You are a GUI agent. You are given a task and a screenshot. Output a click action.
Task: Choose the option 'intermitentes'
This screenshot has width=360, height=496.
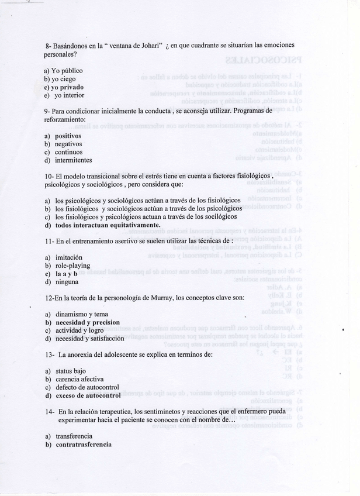click(74, 160)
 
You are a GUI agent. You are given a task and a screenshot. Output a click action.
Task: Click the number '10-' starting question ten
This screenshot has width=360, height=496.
click(49, 176)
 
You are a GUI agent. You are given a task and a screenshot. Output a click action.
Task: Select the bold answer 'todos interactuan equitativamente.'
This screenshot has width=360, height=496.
click(108, 225)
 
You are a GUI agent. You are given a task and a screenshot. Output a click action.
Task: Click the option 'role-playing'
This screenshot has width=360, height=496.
click(73, 265)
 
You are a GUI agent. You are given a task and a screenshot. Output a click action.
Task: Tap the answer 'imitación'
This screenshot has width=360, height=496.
click(69, 257)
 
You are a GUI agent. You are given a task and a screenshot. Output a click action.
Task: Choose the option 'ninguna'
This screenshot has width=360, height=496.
click(67, 281)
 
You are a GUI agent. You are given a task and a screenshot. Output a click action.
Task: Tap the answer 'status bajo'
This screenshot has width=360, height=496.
click(71, 371)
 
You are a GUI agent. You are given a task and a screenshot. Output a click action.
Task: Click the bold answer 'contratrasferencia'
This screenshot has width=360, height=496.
click(84, 444)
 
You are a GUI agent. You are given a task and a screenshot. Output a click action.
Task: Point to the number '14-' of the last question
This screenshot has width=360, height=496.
click(49, 411)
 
